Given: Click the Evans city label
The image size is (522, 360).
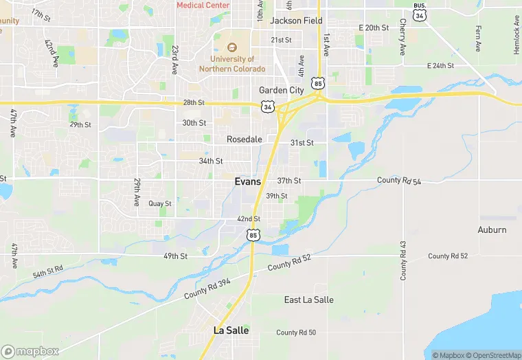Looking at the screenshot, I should coord(247,181).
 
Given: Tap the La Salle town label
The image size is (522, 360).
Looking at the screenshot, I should coord(231,330).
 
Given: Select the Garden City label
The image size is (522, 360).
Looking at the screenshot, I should coord(282,90).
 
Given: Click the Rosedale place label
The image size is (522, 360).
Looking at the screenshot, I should coord(245,139).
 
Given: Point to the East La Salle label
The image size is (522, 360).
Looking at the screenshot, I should coord(309,300).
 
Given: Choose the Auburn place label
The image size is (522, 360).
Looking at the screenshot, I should coord(492,229).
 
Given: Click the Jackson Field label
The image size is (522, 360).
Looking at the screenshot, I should coord(296,21).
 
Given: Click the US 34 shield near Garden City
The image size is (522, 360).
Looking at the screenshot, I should coord(268,106).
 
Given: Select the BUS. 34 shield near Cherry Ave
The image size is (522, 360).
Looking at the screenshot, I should coord(420,11).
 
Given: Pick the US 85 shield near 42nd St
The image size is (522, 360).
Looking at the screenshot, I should coord(253,236).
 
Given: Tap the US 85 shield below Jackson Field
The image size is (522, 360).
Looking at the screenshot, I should coord(317,83).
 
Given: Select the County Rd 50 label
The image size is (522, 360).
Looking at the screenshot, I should coord(296,333).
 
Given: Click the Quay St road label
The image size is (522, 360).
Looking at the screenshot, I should coord(159,203).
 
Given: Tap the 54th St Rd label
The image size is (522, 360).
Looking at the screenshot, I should coord(47,271).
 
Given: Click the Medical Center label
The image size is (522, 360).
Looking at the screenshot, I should coord(203,5).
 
